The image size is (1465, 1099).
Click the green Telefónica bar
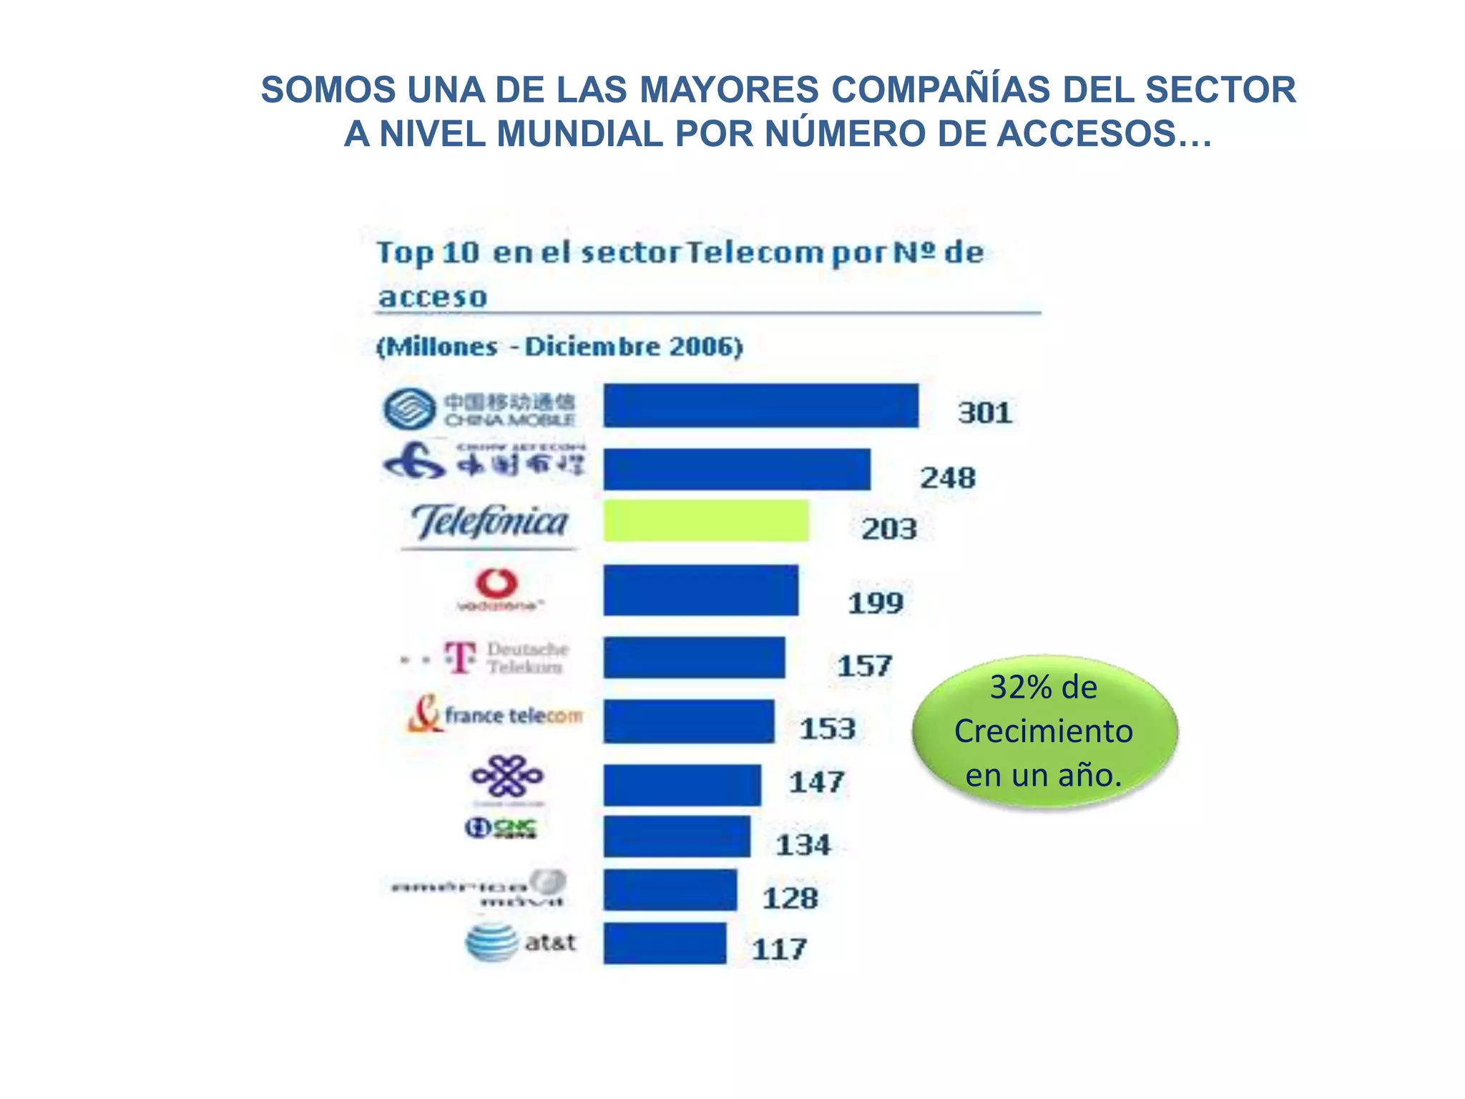point(705,521)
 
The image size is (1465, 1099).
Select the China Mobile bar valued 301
point(760,406)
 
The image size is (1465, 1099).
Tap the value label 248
point(947,478)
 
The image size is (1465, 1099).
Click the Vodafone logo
point(498,590)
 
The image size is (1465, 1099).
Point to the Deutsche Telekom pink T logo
point(460,656)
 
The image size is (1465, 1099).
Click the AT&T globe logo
point(491,942)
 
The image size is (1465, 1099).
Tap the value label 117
point(779,949)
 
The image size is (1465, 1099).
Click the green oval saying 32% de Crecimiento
point(1044,731)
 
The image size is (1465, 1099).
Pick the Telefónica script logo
point(490,522)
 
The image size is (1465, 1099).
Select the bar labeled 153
point(688,721)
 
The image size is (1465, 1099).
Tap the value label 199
point(876,603)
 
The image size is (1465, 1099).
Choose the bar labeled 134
point(676,836)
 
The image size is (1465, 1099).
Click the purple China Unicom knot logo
point(506,776)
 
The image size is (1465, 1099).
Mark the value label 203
point(888,529)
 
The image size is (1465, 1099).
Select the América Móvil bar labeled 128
point(670,890)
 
